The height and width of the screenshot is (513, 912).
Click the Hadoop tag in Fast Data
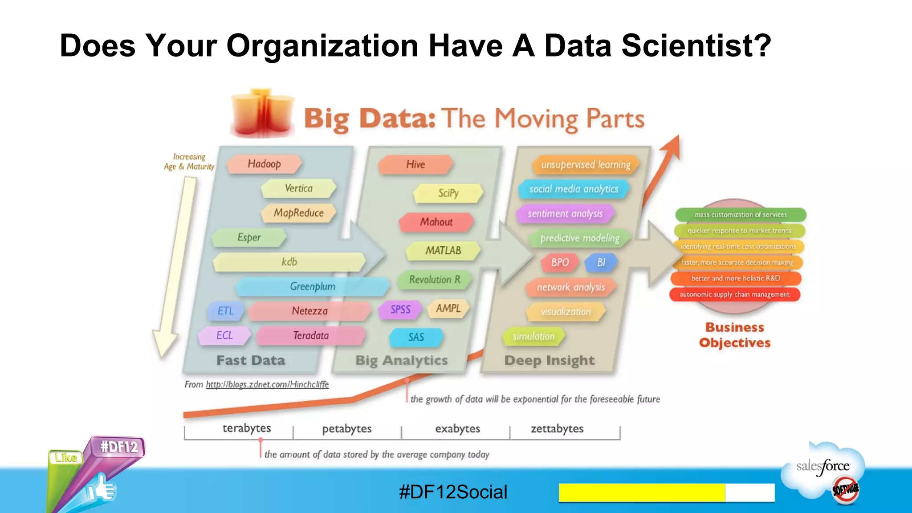[264, 164]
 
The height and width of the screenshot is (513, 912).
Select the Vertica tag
[298, 188]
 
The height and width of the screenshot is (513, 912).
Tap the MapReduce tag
[298, 213]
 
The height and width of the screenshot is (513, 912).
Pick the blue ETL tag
[225, 311]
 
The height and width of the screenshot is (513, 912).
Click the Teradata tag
[311, 335]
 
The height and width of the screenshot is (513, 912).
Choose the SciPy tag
[448, 193]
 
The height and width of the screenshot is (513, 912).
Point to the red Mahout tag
[436, 222]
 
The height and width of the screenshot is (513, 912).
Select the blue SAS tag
[416, 337]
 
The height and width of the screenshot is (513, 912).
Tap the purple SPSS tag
[400, 309]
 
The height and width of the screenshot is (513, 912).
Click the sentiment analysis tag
[565, 214]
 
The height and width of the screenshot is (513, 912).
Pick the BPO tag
[560, 262]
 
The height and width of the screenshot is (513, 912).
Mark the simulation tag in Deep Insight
[533, 336]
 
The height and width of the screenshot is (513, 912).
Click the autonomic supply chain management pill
[734, 294]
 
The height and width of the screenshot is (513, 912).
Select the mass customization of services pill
[741, 215]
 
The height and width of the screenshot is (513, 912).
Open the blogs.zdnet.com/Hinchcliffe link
[267, 384]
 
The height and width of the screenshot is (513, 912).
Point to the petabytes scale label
[347, 429]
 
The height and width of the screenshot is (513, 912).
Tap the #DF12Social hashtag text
[453, 492]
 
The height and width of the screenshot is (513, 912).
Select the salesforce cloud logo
[823, 468]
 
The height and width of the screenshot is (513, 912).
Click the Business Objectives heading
[735, 335]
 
